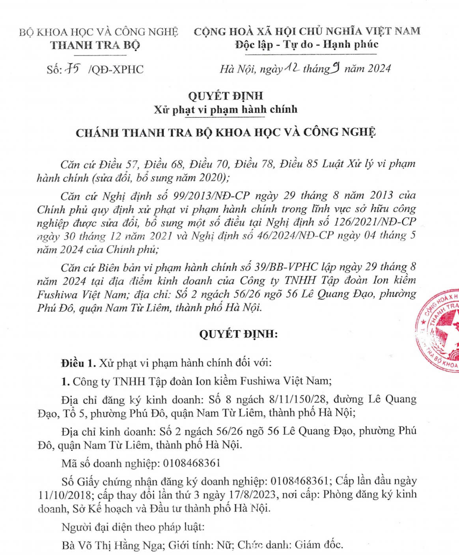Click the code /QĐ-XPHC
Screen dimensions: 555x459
point(116,69)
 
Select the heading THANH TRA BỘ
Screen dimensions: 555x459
point(95,45)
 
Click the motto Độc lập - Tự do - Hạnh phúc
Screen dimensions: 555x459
point(307,44)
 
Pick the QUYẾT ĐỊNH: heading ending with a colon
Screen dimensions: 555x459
point(238,334)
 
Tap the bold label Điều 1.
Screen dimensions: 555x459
point(78,363)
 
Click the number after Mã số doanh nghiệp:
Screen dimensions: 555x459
point(192,463)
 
